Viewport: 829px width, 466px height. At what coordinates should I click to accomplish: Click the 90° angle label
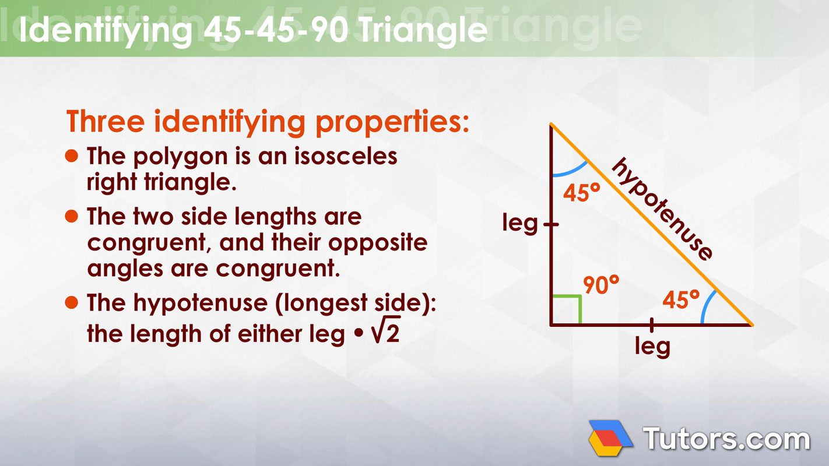point(601,285)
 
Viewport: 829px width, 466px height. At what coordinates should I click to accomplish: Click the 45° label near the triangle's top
point(581,193)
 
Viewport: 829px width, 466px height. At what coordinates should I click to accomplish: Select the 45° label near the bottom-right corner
point(680,300)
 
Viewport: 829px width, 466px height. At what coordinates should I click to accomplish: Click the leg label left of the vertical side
point(520,223)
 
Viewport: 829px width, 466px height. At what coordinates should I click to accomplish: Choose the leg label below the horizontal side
point(652,347)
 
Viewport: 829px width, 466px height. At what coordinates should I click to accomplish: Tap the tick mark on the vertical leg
point(551,224)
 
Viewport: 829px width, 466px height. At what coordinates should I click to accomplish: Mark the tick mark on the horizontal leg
point(651,326)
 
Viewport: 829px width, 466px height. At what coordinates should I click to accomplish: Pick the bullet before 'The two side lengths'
point(71,217)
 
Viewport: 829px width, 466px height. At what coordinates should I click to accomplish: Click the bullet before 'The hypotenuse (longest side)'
point(71,302)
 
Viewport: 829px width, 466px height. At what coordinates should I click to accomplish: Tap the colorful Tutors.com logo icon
point(610,437)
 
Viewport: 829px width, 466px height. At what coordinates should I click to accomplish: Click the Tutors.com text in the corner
point(726,438)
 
